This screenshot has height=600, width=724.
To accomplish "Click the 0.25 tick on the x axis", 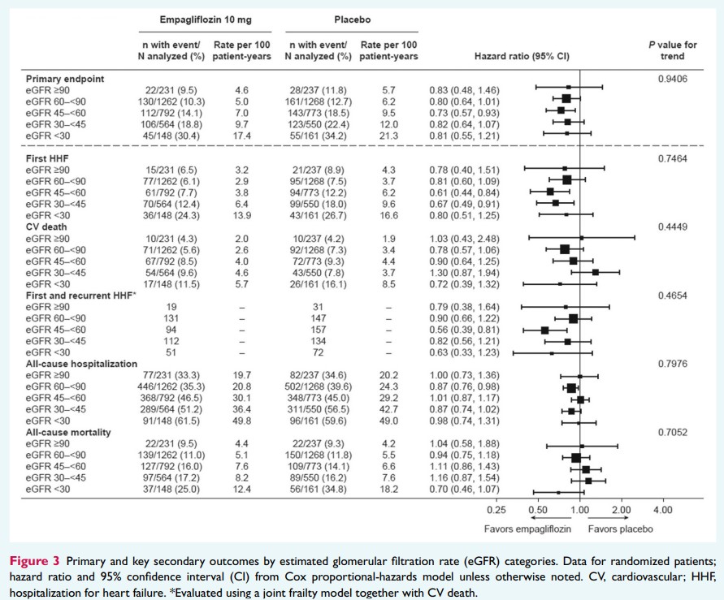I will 495,510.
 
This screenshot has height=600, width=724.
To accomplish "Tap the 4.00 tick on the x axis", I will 662,510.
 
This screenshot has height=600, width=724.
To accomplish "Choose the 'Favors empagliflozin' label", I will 527,529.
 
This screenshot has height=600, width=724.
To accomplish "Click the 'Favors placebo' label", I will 620,529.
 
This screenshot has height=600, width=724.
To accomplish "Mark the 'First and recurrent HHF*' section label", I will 77,296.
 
